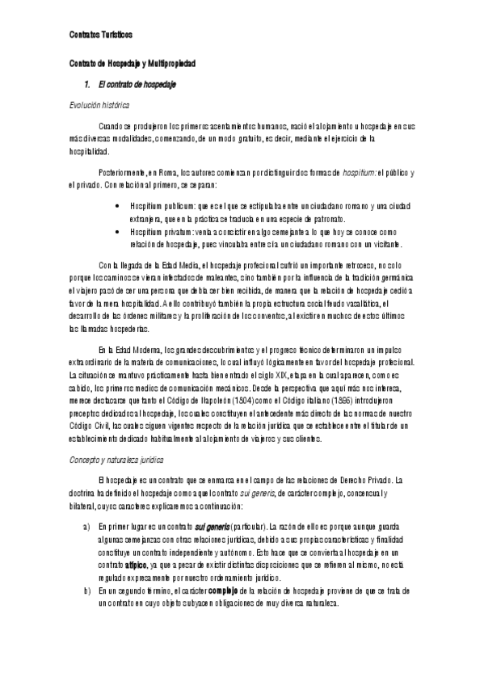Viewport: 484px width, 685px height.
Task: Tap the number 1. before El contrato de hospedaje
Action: [x=87, y=84]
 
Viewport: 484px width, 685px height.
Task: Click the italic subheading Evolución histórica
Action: [x=100, y=106]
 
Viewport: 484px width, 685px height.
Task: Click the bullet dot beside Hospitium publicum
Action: [x=120, y=207]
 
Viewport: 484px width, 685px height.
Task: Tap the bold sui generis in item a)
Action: [x=213, y=527]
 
